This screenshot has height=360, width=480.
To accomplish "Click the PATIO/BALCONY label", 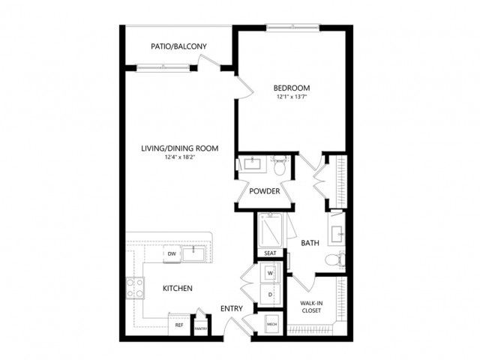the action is click(178, 46).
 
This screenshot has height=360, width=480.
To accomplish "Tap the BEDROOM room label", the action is click(292, 88).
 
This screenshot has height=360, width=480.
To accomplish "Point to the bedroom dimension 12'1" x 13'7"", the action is click(292, 97).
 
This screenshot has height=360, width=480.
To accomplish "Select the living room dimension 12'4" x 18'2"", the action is click(180, 157).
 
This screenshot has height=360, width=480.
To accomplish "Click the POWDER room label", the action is click(265, 191).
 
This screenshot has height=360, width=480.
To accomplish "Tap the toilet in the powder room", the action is click(280, 165).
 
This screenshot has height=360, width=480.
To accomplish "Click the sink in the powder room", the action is click(252, 163).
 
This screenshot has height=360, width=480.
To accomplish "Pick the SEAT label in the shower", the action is click(270, 253).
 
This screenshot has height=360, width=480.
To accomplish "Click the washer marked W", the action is click(270, 273).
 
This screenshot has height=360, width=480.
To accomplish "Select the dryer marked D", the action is click(270, 295).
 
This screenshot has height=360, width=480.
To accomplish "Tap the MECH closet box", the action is click(271, 324).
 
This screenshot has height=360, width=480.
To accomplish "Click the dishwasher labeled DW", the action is click(172, 253).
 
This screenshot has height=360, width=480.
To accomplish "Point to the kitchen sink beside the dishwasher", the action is click(193, 253).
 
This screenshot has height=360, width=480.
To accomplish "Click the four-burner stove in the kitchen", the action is click(135, 288).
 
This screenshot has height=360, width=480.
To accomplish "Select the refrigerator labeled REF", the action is click(179, 325).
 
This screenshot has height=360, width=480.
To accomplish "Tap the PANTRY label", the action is click(201, 328).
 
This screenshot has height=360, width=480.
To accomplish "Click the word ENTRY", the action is click(232, 308).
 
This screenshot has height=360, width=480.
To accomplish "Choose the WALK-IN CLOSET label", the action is click(311, 307).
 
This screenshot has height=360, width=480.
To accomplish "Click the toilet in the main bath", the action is click(334, 260).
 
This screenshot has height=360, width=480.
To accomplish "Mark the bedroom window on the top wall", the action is click(292, 28).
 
